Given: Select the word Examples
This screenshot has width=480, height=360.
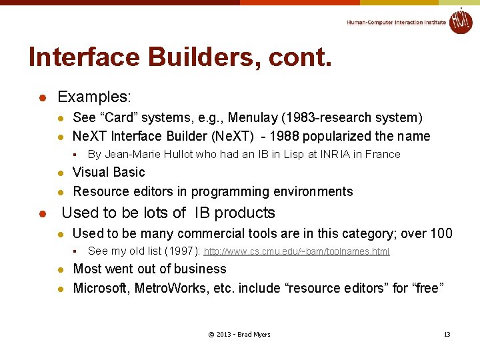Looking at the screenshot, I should (x=94, y=97).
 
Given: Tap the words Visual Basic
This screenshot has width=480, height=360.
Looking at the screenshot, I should (x=109, y=173).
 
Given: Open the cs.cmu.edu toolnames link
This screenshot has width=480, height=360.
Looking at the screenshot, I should (x=296, y=251).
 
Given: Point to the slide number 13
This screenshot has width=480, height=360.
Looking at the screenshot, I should (x=447, y=334).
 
